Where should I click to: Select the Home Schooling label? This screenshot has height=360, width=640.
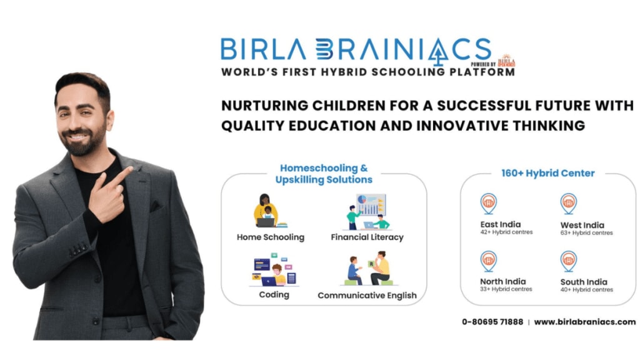pos(271,237)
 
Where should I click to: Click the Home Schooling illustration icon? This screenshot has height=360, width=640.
pos(267,211)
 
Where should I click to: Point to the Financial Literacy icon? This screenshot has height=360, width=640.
pos(367,212)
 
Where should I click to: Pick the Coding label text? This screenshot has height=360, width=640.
pos(274,294)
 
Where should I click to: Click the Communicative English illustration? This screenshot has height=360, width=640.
pos(369,269)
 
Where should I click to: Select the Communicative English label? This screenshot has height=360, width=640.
pos(367,295)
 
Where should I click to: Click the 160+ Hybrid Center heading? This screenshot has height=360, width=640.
pos(548,173)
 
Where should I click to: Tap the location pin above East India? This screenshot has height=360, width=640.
pos(488,203)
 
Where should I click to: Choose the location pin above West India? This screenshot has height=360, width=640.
pos(568,203)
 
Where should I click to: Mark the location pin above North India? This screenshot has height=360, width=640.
pos(488,260)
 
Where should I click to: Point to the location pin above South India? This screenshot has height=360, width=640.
pos(568,260)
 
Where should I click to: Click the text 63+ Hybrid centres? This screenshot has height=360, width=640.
pos(587,233)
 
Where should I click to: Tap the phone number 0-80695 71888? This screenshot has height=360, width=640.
pos(492,322)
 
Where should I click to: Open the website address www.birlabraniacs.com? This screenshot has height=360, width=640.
pos(584,322)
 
